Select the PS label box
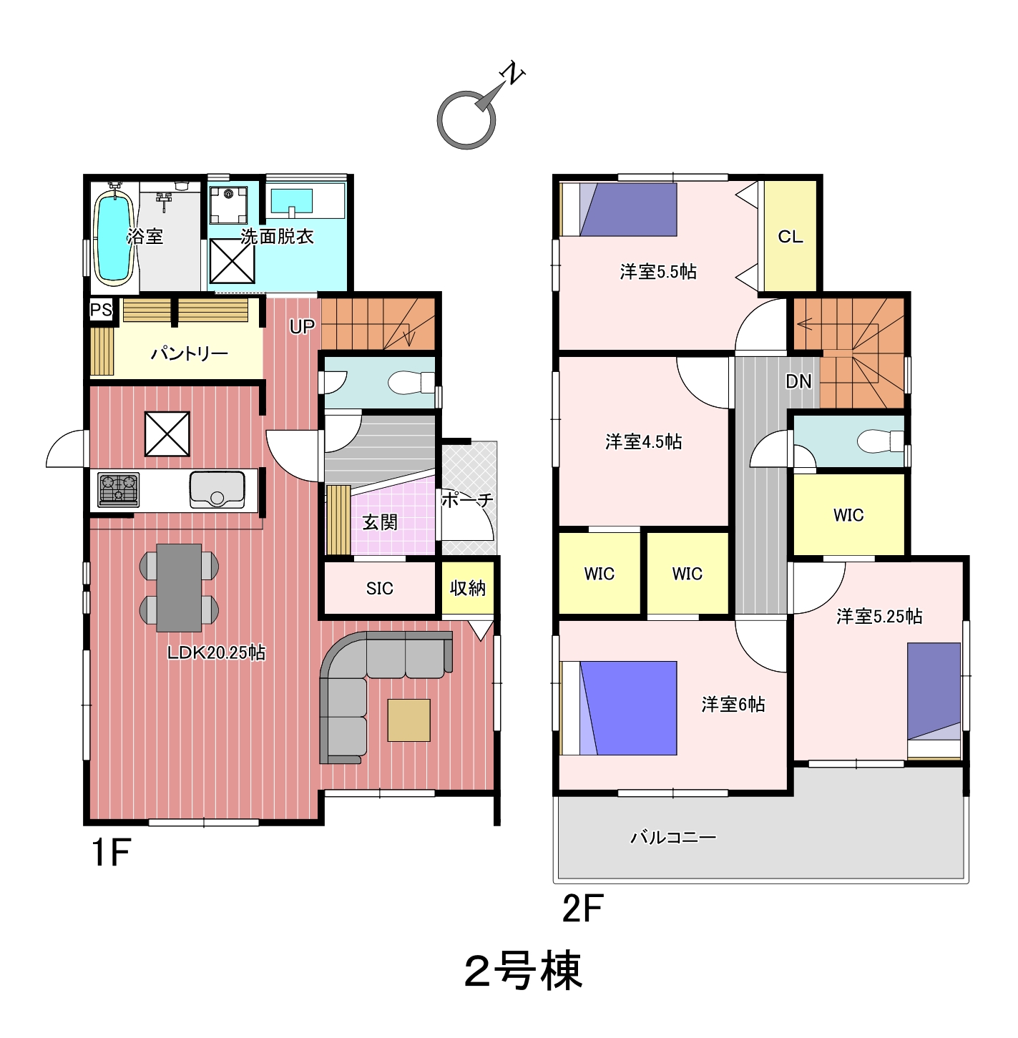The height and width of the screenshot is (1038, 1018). point(101,310)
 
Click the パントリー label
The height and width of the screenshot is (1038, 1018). point(189,353)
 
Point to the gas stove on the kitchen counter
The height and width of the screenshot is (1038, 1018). point(119,489)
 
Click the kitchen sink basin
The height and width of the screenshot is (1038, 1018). point(217,489)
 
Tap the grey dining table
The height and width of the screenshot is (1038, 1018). point(179,588)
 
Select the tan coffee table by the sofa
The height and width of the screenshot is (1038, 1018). point(408,720)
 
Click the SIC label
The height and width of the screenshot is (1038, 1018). point(379,588)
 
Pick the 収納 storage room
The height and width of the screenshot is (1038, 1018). point(468,588)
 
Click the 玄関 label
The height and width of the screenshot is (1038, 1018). point(379,522)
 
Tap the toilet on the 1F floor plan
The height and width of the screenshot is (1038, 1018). point(411,383)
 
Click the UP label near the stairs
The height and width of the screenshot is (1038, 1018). point(302,326)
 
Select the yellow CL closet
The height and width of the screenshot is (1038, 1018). point(790,236)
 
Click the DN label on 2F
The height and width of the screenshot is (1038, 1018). point(798,381)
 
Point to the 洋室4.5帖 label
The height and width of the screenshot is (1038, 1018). point(643,441)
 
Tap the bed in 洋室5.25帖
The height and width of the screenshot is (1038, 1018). point(934,701)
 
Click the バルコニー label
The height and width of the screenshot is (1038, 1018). point(673,837)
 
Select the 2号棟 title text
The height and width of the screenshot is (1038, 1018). point(523,971)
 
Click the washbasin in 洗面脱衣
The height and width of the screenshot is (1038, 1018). point(292,202)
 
